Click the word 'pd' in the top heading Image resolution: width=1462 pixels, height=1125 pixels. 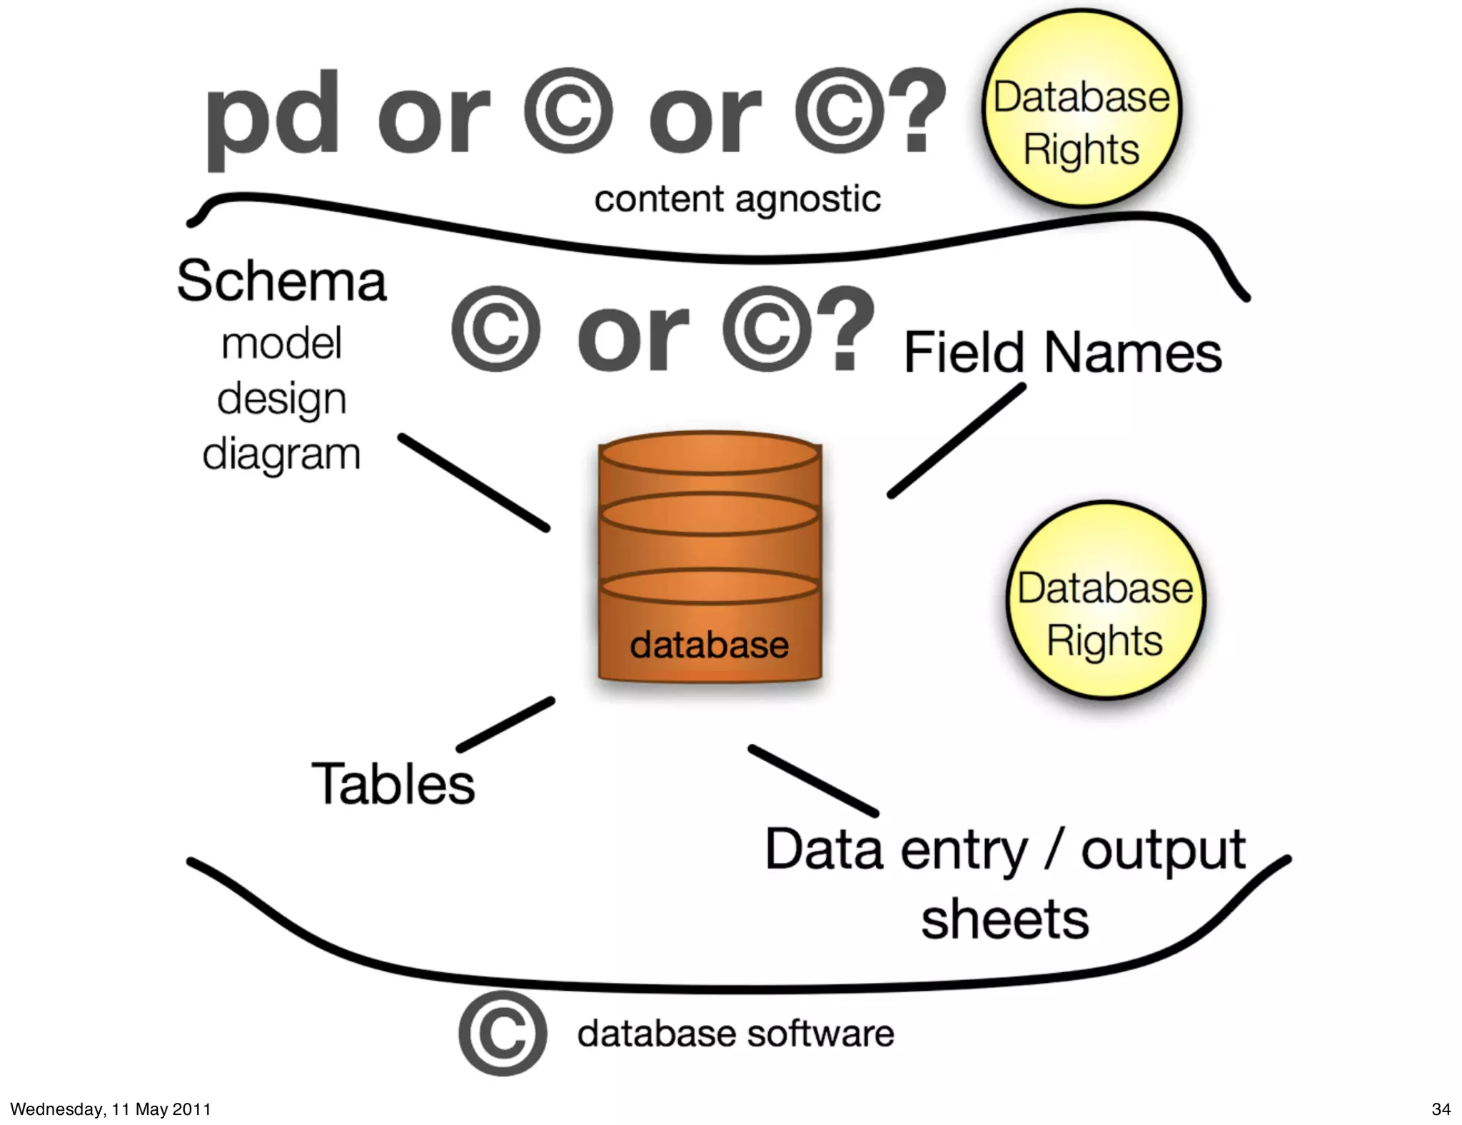pyautogui.click(x=271, y=118)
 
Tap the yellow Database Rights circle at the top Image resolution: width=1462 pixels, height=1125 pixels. pyautogui.click(x=1082, y=109)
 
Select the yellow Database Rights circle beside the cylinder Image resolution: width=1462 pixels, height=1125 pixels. pyautogui.click(x=1105, y=600)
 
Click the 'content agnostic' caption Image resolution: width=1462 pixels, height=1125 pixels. pyautogui.click(x=737, y=199)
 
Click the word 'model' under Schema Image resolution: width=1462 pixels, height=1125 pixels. pyautogui.click(x=281, y=343)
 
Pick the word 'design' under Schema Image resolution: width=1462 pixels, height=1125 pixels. pyautogui.click(x=281, y=399)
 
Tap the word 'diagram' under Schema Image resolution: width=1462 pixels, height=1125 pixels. pyautogui.click(x=281, y=455)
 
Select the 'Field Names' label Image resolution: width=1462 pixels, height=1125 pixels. pyautogui.click(x=1062, y=353)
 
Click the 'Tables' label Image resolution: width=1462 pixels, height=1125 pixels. pyautogui.click(x=393, y=784)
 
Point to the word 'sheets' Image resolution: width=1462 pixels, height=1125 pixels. pyautogui.click(x=1004, y=919)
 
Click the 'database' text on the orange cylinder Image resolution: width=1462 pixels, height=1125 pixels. pyautogui.click(x=709, y=645)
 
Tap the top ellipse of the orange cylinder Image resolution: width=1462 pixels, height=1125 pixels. pyautogui.click(x=710, y=454)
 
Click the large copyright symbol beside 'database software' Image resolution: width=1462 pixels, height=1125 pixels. pyautogui.click(x=503, y=1033)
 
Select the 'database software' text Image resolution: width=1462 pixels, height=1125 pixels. pyautogui.click(x=735, y=1034)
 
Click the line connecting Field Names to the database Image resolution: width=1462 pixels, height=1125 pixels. pyautogui.click(x=957, y=440)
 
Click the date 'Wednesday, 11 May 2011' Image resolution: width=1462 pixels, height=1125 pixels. pyautogui.click(x=111, y=1109)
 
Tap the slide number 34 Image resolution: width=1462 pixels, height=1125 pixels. pyautogui.click(x=1441, y=1109)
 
